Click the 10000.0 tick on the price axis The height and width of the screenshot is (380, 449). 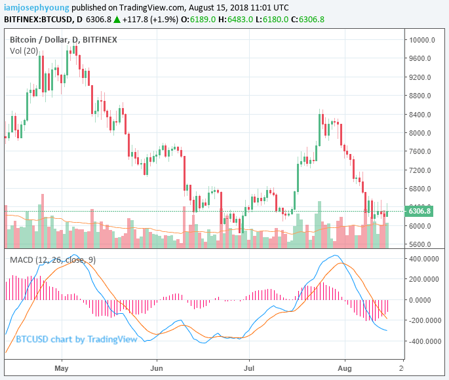coord(423,40)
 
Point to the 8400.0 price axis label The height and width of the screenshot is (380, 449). coord(422,115)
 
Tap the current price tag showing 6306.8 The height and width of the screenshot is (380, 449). coord(420,211)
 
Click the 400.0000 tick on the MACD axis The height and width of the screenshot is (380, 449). coord(424,258)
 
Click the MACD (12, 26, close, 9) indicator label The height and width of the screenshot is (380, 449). coord(53,260)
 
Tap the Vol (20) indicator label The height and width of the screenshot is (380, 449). coord(24,51)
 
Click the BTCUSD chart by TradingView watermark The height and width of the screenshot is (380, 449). coord(76,339)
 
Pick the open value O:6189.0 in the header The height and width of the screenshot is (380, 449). coord(195,20)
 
